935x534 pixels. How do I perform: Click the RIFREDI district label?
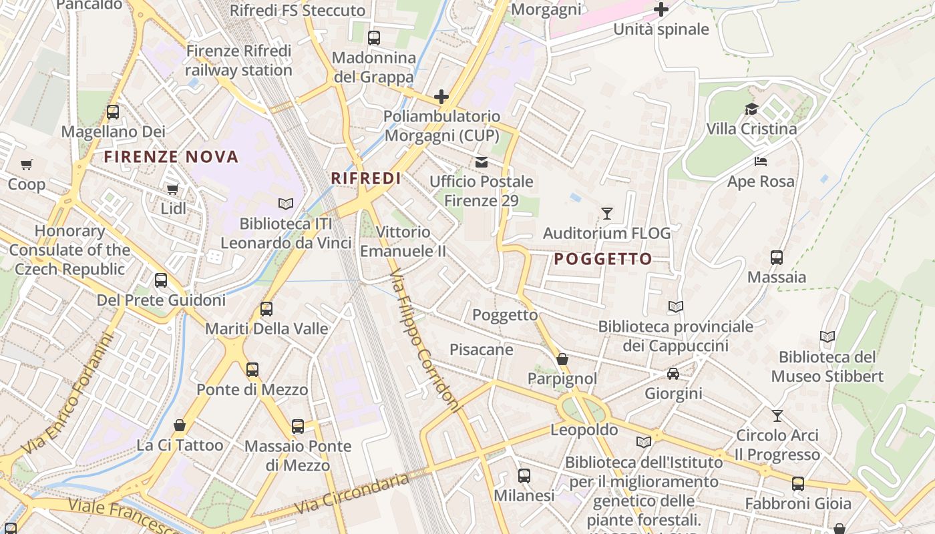366,178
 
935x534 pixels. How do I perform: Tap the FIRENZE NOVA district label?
171,157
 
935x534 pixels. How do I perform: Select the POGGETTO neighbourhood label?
603,259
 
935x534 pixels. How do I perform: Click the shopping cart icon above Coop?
27,164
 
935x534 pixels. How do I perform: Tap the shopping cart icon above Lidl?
173,189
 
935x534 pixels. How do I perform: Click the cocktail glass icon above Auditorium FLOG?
606,214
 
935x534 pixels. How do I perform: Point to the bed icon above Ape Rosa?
761,162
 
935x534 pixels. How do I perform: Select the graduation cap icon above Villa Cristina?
752,109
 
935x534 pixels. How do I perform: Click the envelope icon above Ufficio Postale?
481,162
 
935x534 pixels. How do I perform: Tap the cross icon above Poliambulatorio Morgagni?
441,97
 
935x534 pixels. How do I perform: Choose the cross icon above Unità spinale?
661,9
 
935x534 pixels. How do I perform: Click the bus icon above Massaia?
777,258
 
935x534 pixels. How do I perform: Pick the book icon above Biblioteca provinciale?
676,306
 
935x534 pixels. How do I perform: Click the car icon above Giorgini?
673,374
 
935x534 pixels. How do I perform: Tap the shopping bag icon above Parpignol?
562,359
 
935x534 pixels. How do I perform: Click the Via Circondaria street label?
351,493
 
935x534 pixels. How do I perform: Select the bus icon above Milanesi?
524,476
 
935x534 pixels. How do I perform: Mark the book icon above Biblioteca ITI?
286,204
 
